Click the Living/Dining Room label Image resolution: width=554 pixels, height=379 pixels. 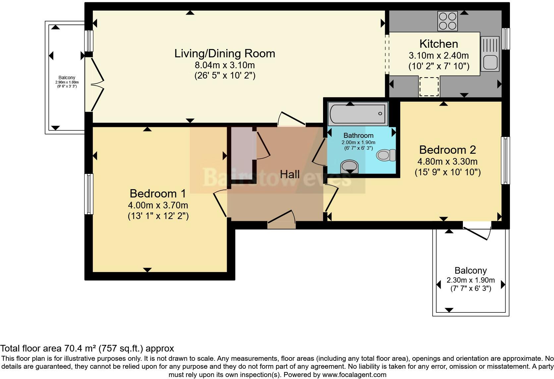225,54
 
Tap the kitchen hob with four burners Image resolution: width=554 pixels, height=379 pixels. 447,21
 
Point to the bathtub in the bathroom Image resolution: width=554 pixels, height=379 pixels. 358,114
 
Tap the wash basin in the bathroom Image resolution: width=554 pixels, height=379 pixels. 350,166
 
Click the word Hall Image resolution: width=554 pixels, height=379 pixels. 290,175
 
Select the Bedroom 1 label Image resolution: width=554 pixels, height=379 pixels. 158,193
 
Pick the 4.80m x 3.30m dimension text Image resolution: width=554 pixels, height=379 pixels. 447,162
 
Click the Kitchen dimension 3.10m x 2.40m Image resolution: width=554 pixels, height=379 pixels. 439,55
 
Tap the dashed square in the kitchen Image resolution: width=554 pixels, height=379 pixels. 429,87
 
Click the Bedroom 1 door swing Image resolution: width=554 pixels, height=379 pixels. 220,203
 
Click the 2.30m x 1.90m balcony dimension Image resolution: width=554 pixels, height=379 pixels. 471,280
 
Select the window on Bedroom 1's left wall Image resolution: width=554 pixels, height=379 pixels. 89,194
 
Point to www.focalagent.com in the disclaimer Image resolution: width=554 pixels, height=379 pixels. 354,375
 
